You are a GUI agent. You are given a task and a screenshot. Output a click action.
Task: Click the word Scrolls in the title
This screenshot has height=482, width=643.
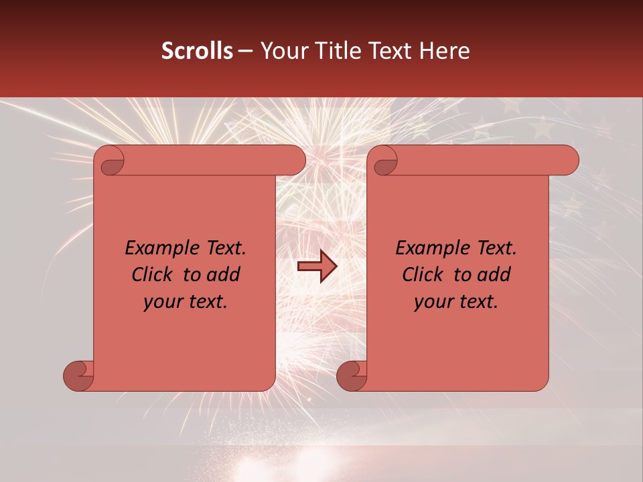pos(197,51)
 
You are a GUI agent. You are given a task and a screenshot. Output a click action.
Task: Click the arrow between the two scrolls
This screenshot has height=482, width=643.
pos(317,266)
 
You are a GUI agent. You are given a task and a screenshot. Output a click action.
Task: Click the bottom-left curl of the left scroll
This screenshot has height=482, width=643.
pos(79,376)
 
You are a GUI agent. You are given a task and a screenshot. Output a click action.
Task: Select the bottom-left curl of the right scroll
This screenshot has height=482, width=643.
pos(352,376)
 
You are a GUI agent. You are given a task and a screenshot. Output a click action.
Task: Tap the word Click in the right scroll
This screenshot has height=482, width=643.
pos(422,274)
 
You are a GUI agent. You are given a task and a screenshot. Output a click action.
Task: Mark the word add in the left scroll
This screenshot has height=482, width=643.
pos(224,274)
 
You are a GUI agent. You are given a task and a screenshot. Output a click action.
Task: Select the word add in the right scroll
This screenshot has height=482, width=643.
pos(494,274)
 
